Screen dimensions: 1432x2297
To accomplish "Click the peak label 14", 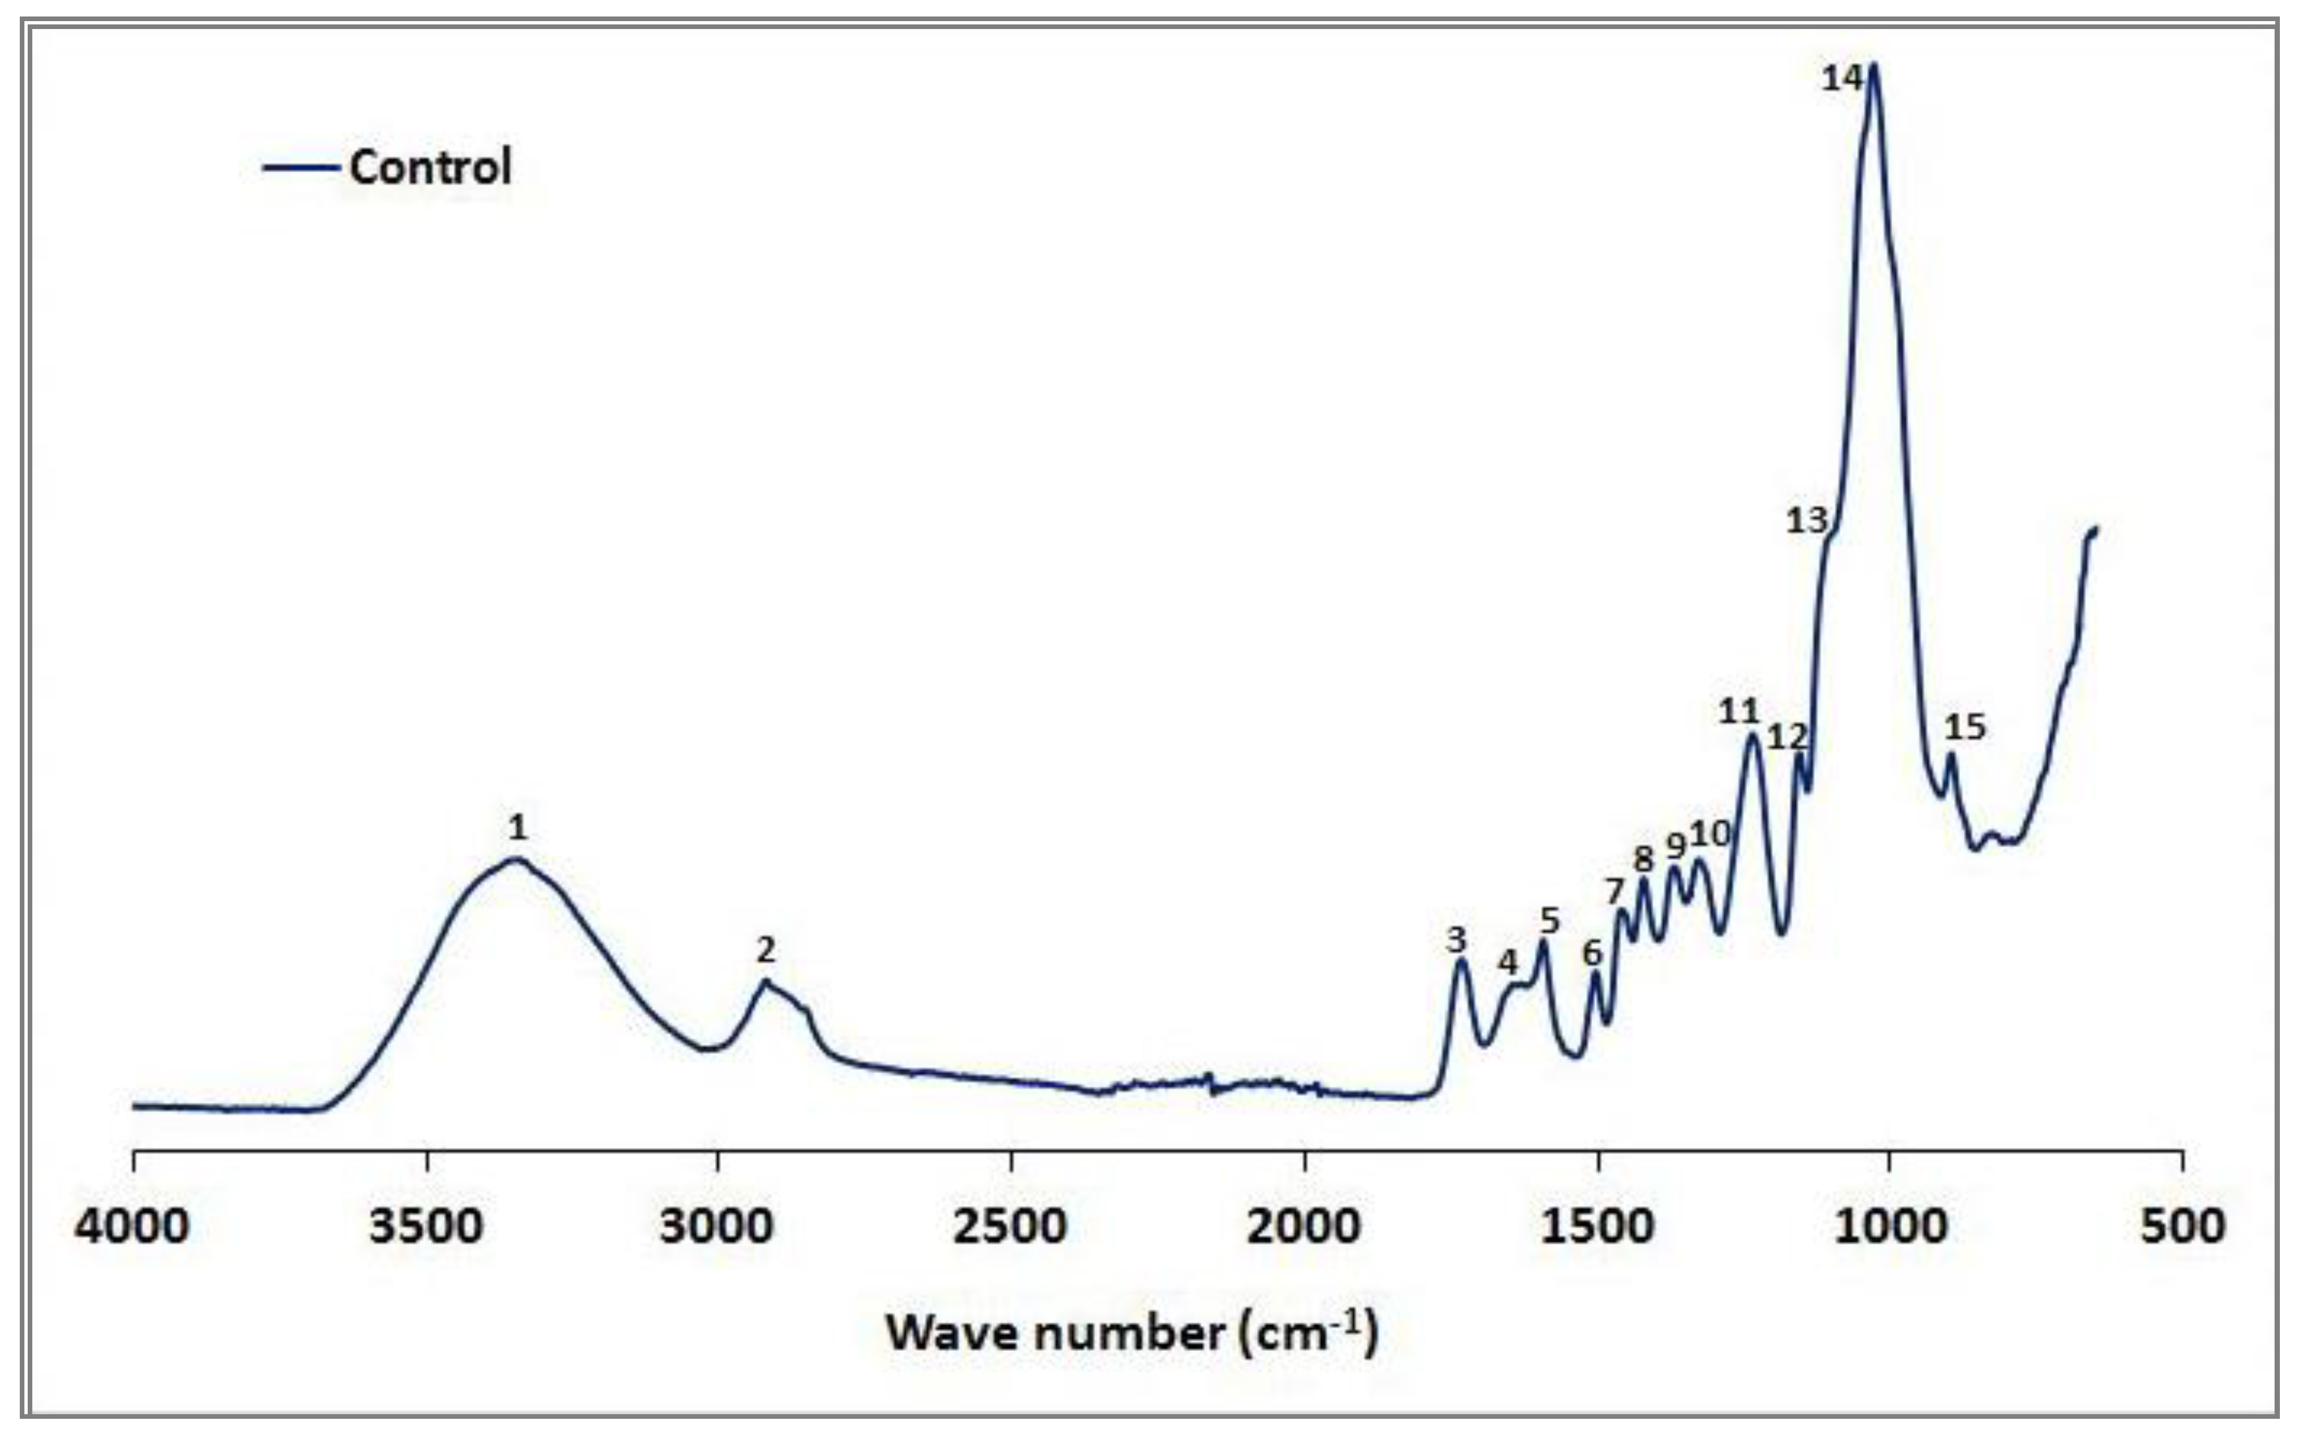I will click(1841, 78).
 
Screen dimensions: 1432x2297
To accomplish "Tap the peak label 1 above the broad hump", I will click(517, 828).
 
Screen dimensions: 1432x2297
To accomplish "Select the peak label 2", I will click(766, 949).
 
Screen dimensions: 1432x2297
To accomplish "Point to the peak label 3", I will click(1456, 941).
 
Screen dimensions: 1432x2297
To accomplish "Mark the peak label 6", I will click(1593, 952).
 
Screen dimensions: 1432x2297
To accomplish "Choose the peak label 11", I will click(1738, 711).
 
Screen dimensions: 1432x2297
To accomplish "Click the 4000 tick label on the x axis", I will click(133, 1226).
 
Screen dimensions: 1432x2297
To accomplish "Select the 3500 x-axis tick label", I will click(426, 1226).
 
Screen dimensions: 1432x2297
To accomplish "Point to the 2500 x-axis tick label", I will click(1011, 1226).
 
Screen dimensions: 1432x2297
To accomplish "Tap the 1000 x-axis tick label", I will click(1890, 1226).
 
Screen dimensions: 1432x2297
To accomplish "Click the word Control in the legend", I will click(431, 168).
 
